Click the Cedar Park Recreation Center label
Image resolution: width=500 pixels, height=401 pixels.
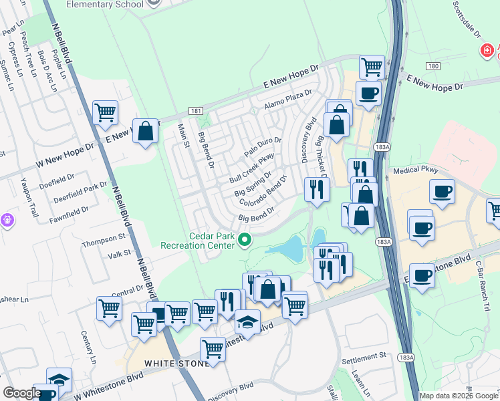click(x=198, y=240)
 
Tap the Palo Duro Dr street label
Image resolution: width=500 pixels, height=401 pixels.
click(x=263, y=147)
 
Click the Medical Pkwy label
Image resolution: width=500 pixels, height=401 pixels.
click(x=415, y=170)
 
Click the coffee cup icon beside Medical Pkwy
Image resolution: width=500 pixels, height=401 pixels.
click(x=442, y=192)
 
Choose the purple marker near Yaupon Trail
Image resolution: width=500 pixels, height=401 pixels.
click(x=7, y=219)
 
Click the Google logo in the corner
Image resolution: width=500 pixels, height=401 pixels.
click(x=22, y=393)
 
